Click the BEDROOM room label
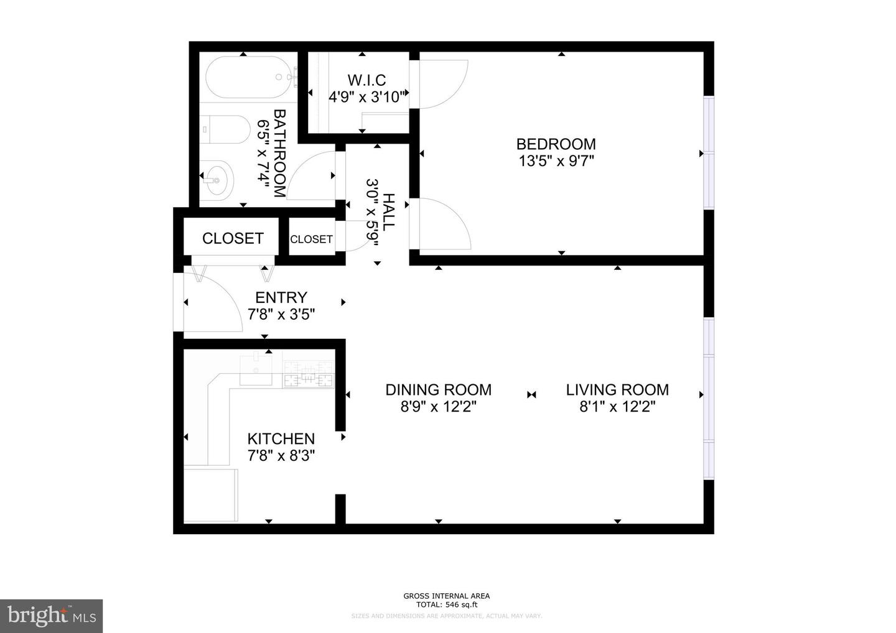[556, 144]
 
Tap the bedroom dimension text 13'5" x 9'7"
[556, 162]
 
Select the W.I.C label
[366, 80]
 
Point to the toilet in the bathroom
[224, 129]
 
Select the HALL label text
[389, 212]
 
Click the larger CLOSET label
[233, 239]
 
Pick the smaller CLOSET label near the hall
[311, 239]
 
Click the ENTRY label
[281, 298]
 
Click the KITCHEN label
[281, 439]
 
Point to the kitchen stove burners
[309, 376]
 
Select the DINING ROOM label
[438, 390]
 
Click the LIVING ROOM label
[617, 390]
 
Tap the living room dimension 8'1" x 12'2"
[617, 407]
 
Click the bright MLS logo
[51, 616]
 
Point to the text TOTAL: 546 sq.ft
[446, 604]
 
